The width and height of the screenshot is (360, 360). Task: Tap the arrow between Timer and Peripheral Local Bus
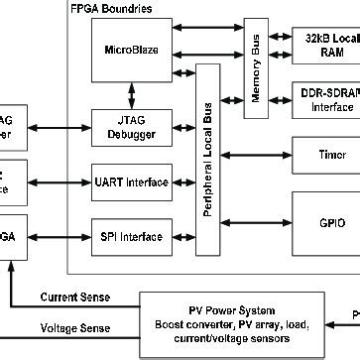click(x=255, y=155)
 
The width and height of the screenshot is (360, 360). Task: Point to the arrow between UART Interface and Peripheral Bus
click(x=183, y=181)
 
